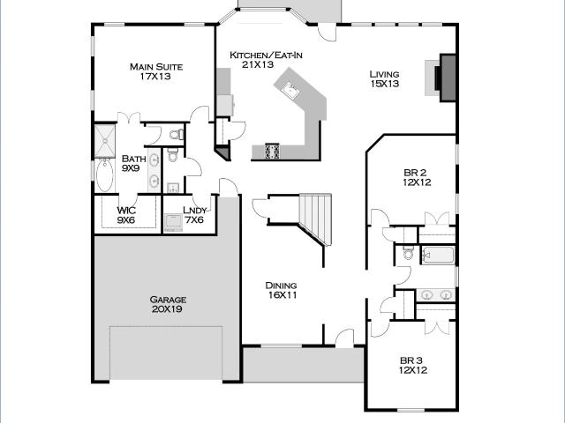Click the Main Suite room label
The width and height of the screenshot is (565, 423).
tap(156, 67)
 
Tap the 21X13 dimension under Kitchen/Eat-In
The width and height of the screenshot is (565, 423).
tap(258, 64)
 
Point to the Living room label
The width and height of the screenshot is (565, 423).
tap(385, 74)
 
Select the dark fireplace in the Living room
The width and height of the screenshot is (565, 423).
tap(448, 78)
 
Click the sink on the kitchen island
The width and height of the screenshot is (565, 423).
tap(290, 90)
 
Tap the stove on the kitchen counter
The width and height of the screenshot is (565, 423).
tap(273, 151)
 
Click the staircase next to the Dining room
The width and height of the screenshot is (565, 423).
tap(316, 219)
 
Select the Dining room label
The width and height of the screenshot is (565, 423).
tap(281, 286)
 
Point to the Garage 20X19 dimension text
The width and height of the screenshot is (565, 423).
tap(167, 309)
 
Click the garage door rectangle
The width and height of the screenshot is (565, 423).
tap(166, 352)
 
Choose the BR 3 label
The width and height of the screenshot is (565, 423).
tap(411, 360)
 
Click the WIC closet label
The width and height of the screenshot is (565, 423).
tap(126, 211)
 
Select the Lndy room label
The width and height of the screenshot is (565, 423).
tap(194, 211)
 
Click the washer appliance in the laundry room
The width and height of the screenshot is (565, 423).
tap(173, 223)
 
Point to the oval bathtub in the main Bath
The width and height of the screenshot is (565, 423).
tap(105, 176)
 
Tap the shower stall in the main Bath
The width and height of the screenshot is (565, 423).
tap(105, 141)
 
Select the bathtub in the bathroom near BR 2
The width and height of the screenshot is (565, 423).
tap(438, 256)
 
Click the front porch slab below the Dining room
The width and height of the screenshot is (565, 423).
tap(304, 365)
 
